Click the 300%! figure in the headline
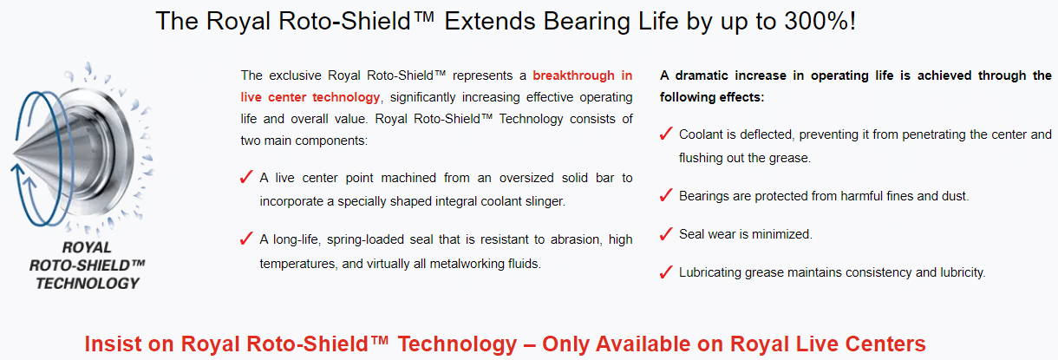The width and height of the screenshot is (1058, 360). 820,22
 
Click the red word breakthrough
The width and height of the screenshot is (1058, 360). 573,75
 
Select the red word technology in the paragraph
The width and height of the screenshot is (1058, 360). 346,98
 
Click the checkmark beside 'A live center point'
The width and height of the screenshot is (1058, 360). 246,177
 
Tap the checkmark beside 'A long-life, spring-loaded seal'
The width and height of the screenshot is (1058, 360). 246,239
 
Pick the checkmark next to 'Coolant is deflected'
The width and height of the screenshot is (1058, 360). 665,134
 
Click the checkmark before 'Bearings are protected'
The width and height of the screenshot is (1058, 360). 665,195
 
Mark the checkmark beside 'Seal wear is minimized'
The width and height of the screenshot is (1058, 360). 665,233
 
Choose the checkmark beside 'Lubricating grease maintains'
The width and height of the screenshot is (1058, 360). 665,272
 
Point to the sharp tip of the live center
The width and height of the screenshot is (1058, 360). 14,154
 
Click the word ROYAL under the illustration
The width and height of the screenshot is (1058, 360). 87,247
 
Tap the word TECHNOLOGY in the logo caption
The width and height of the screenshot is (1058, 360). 88,284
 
